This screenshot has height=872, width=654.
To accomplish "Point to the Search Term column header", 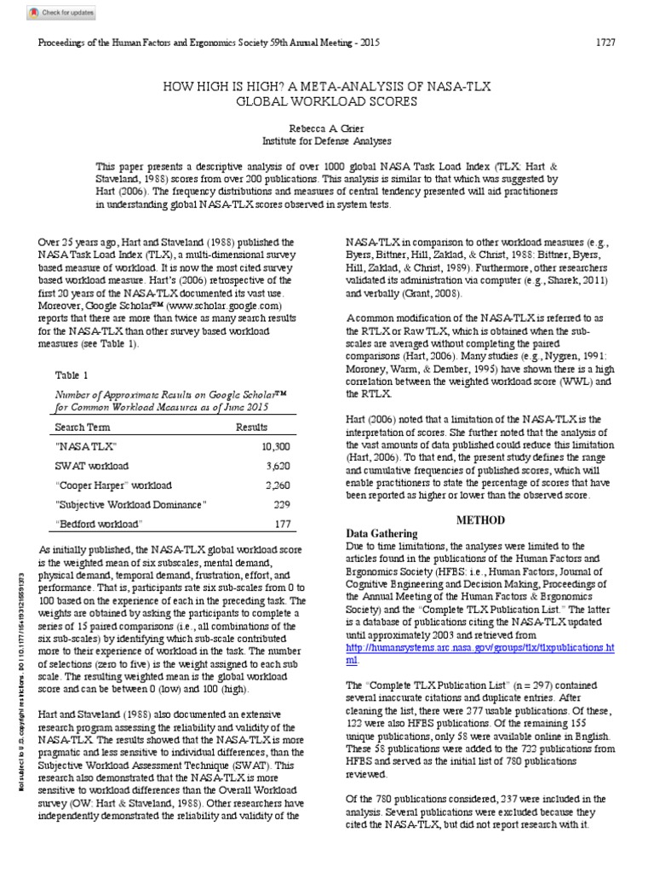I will pos(83,427).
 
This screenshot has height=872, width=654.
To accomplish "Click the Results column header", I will pos(251,427).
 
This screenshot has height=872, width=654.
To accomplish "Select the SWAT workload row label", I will pos(91,467).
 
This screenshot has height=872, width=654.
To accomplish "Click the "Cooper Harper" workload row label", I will pos(112,485).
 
